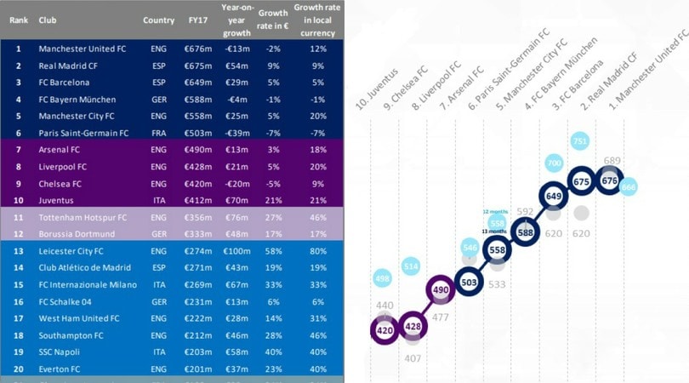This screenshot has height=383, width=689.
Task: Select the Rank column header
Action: pos(18,20)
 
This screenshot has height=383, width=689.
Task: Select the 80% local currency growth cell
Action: pos(319,252)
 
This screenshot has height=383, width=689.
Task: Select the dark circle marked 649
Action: pos(552,196)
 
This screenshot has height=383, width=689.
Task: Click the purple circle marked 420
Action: pos(383,330)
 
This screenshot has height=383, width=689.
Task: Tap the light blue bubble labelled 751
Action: pos(580,141)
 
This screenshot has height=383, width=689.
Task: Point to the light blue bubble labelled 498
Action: pos(384,278)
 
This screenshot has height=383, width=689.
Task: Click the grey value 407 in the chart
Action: pos(413,358)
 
